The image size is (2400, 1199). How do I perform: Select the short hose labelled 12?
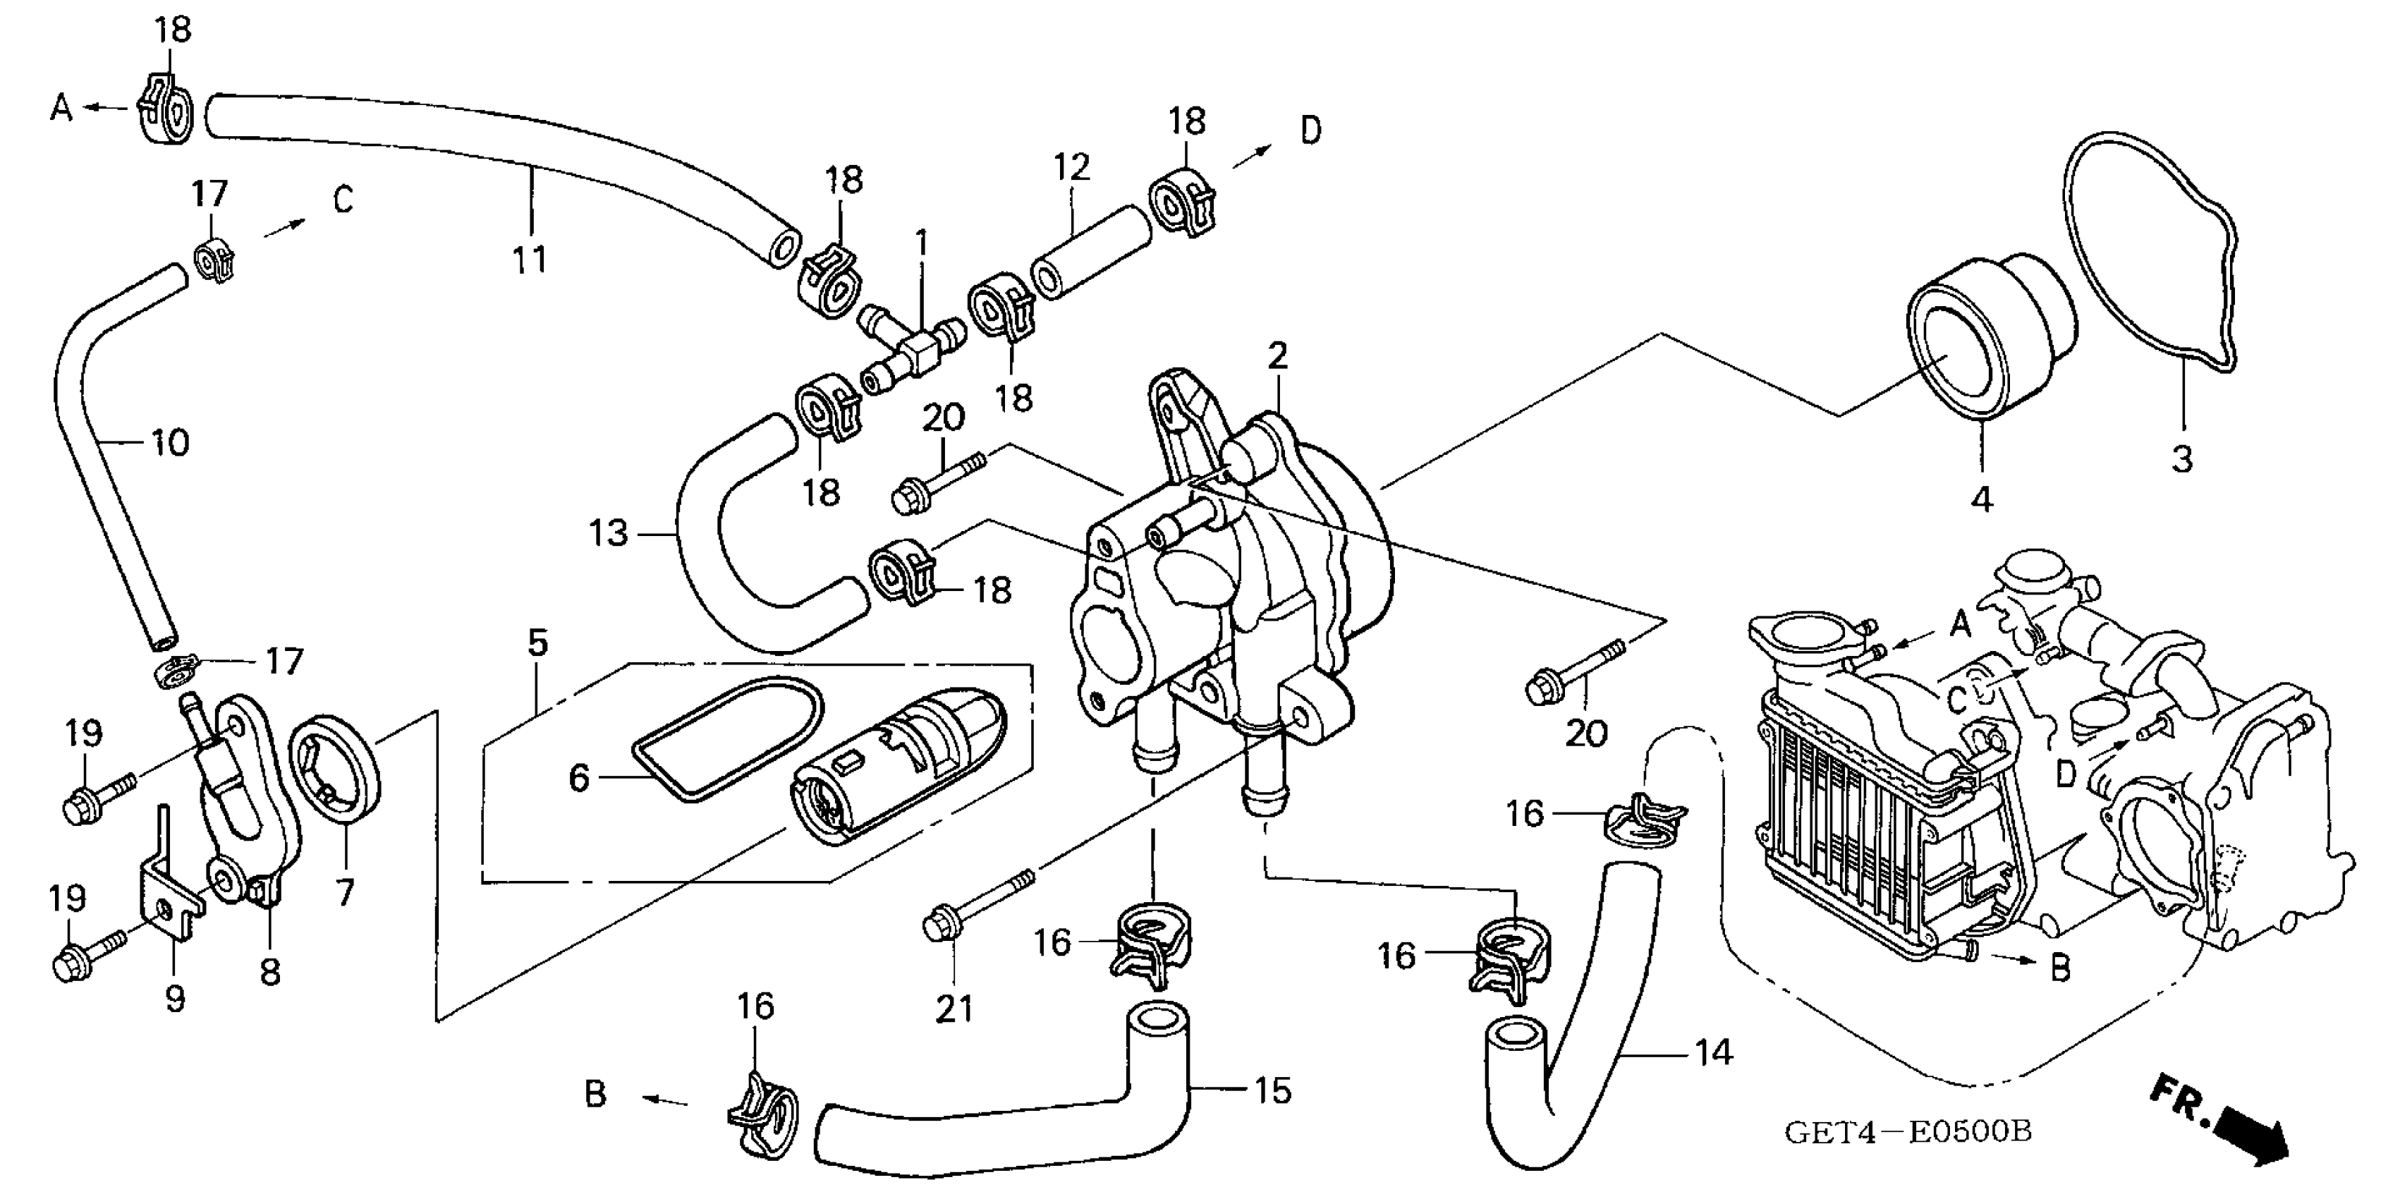[x=1091, y=252]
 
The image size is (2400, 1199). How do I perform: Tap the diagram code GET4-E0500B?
[x=1908, y=1132]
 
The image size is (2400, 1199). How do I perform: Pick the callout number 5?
[x=537, y=642]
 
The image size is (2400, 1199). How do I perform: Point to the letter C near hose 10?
[x=343, y=200]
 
